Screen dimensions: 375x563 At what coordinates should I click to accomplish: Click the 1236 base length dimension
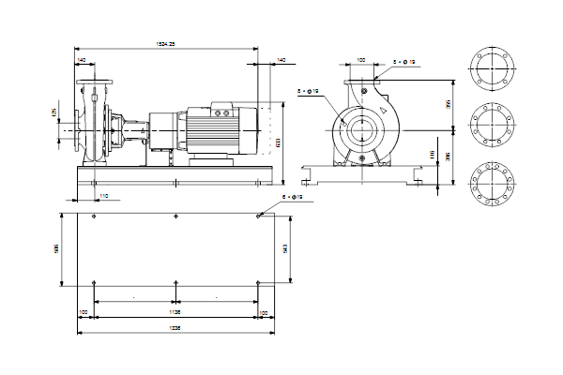tap(175, 328)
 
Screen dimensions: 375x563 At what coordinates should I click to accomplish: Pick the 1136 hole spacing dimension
tap(175, 310)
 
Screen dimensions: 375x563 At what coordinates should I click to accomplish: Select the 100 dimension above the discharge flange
tap(362, 61)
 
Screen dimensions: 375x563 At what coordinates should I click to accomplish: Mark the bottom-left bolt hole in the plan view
tap(97, 281)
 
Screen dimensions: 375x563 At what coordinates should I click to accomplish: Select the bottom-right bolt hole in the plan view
tap(257, 281)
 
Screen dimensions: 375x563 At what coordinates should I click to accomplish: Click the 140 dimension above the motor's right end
tap(281, 60)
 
